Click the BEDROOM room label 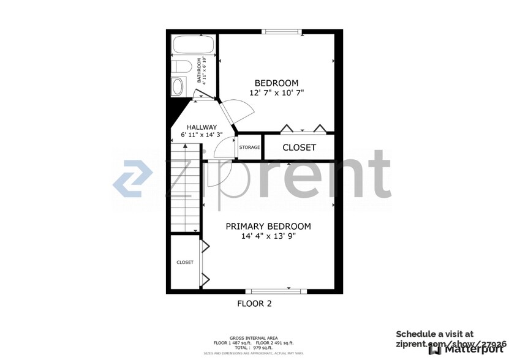click(276, 83)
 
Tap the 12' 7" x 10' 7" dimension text click(276, 93)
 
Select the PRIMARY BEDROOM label click(268, 227)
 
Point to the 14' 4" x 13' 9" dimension click(268, 236)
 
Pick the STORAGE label click(249, 148)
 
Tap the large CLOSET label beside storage click(299, 148)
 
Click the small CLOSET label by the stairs click(185, 262)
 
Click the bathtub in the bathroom click(192, 45)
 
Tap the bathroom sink click(178, 86)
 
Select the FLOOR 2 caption click(254, 303)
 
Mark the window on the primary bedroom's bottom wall click(276, 291)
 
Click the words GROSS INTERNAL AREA click(254, 338)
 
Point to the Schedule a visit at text click(434, 334)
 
